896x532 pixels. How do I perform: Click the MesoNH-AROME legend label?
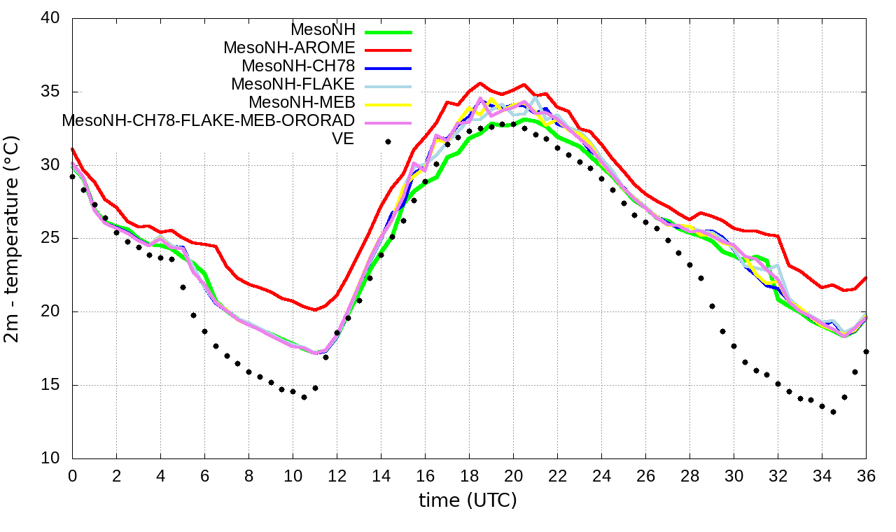pyautogui.click(x=289, y=48)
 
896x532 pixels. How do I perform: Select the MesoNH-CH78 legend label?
pyautogui.click(x=298, y=66)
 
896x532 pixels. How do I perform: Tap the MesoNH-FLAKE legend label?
pyautogui.click(x=293, y=84)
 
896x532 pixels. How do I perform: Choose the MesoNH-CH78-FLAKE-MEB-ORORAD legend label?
pyautogui.click(x=208, y=120)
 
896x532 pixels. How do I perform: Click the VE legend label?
pyautogui.click(x=342, y=139)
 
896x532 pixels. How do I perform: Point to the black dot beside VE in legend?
pyautogui.click(x=388, y=141)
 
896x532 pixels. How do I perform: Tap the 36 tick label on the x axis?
pyautogui.click(x=867, y=475)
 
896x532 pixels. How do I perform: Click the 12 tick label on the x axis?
pyautogui.click(x=337, y=475)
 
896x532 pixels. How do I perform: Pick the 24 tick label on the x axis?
pyautogui.click(x=601, y=475)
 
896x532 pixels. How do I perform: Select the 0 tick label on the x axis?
pyautogui.click(x=72, y=475)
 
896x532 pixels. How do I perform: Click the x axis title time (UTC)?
pyautogui.click(x=468, y=501)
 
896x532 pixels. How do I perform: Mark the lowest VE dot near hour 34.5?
pyautogui.click(x=833, y=412)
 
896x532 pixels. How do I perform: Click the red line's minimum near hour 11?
pyautogui.click(x=315, y=309)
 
